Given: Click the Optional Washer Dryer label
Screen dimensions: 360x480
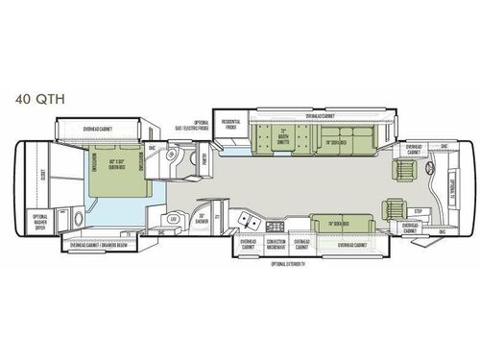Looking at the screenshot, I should pos(41,220).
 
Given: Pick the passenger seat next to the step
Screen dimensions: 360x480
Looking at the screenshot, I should pos(394,206).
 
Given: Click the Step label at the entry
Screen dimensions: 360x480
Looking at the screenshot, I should pos(417,209).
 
